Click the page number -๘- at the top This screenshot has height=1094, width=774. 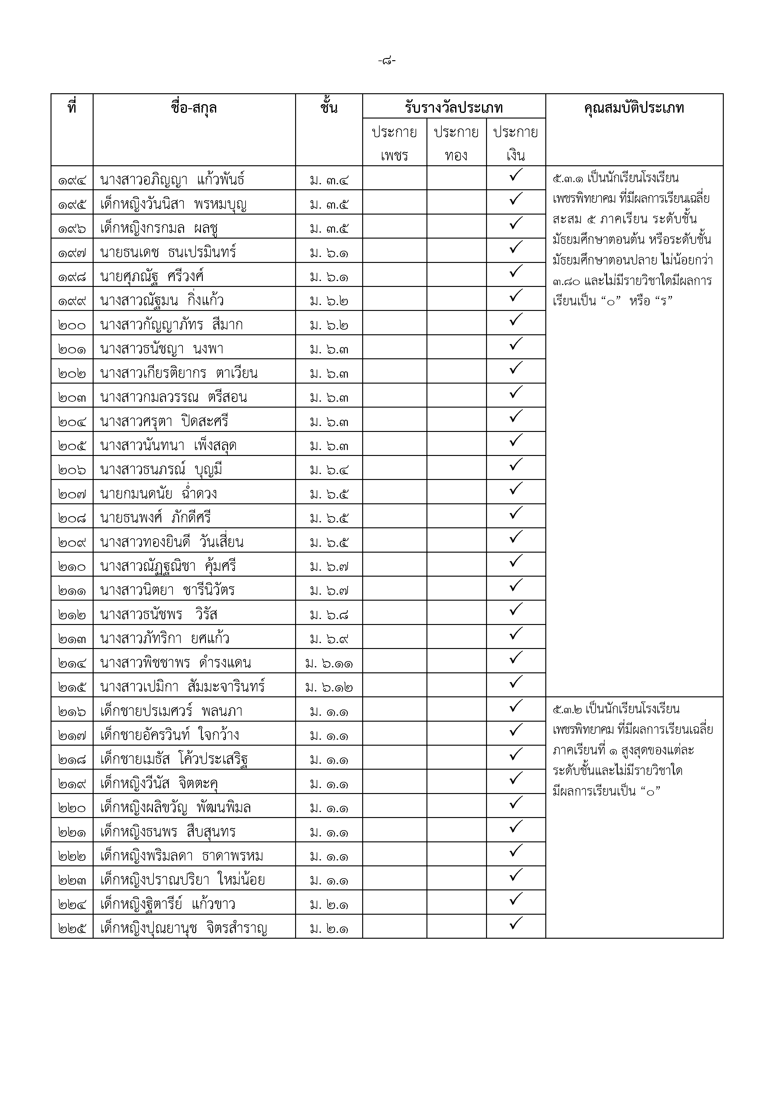pos(387,61)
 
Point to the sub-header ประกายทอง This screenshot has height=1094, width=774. pos(456,143)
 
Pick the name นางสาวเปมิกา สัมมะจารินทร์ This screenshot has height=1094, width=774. pos(183,687)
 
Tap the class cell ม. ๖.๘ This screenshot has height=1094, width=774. pos(329,615)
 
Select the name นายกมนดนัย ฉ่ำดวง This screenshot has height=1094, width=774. pos(159,494)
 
